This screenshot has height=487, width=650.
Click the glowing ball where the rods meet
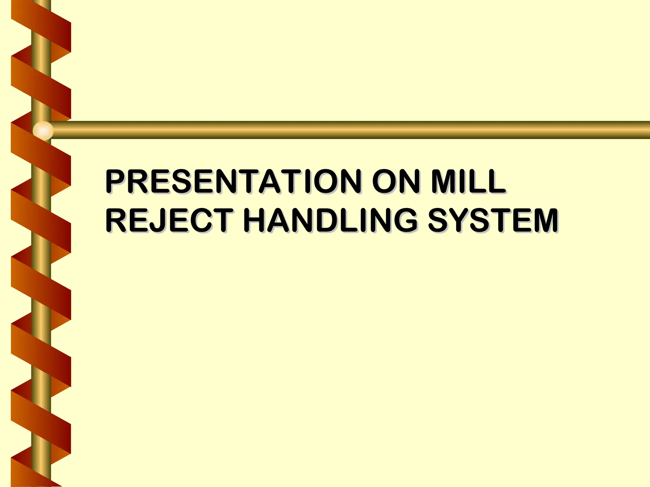tap(43, 130)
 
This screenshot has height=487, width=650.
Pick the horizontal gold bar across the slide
tap(349, 130)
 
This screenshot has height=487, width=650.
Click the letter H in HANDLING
tap(256, 220)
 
